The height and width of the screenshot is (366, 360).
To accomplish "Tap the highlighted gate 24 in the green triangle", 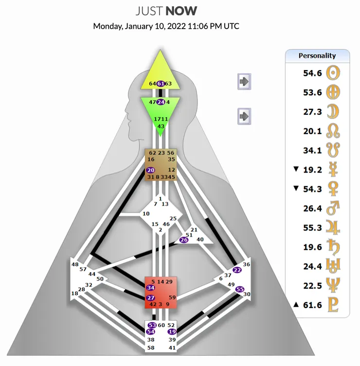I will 161,102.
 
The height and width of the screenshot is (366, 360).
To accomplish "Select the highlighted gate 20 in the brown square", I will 150,170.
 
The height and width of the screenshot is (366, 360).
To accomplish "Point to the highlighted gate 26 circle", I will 184,240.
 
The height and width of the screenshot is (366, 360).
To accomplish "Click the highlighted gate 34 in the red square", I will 150,288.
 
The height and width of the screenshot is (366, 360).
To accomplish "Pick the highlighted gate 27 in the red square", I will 150,297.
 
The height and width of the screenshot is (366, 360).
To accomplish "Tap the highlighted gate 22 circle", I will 237,270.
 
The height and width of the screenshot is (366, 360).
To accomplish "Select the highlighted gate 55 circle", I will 239,289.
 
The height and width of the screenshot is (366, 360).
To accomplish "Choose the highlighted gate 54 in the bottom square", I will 152,331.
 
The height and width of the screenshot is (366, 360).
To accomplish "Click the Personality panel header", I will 317,55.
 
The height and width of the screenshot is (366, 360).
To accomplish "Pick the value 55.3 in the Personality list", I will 312,227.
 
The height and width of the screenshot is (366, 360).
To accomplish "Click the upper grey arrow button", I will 244,81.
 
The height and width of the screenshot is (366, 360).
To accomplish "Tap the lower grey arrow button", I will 244,116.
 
